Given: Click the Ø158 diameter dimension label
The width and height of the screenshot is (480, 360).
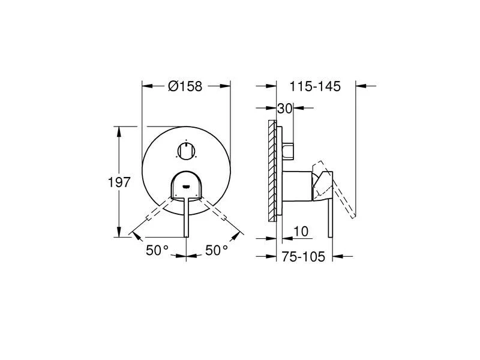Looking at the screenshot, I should coord(185,86).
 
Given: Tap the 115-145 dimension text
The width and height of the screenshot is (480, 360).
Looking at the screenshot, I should coord(315,86).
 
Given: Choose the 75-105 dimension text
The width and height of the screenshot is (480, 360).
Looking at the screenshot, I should coord(304,257).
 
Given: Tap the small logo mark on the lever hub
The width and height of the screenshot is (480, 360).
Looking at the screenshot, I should coord(187,185).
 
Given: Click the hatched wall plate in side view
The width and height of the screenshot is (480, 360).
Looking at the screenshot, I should coord(272,171).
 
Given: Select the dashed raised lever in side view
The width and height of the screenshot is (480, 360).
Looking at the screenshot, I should coord(342,192).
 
